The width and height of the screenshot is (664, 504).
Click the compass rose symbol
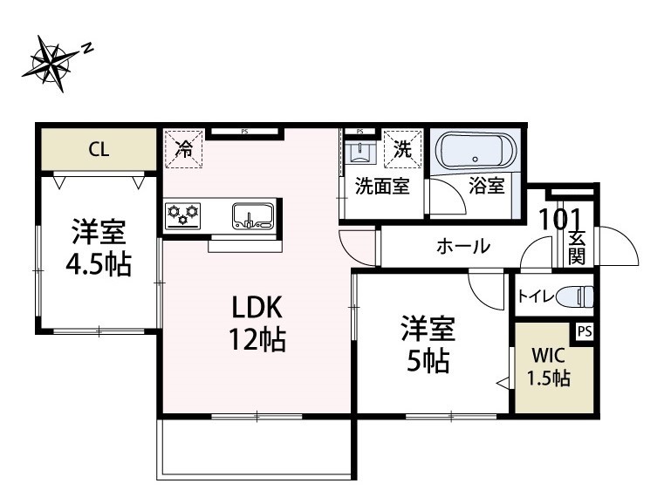pyautogui.click(x=54, y=63)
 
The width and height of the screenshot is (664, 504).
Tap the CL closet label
pyautogui.click(x=99, y=150)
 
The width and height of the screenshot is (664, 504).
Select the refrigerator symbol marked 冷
pyautogui.click(x=184, y=148)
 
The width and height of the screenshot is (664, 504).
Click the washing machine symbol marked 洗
pyautogui.click(x=403, y=148)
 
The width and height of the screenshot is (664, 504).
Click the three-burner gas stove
pyautogui.click(x=182, y=213)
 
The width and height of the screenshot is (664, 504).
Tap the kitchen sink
pyautogui.click(x=252, y=215)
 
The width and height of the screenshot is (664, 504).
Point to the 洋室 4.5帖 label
pyautogui.click(x=99, y=249)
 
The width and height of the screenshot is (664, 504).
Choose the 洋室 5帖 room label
pyautogui.click(x=427, y=345)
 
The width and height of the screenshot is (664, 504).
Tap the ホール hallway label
pyautogui.click(x=462, y=247)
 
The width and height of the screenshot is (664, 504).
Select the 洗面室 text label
pyautogui.click(x=382, y=187)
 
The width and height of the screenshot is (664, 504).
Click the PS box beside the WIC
pyautogui.click(x=583, y=331)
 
